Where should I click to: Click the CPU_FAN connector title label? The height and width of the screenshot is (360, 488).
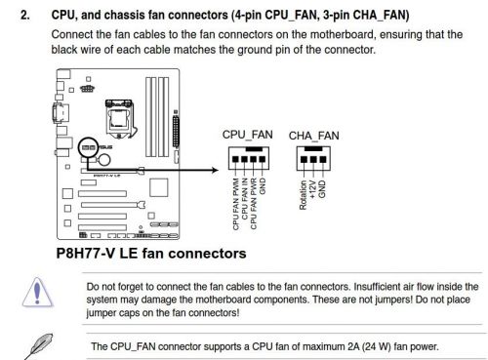coord(247,135)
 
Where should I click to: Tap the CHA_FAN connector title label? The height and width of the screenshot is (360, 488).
coord(313,136)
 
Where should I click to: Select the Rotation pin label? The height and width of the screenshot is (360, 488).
coord(303,195)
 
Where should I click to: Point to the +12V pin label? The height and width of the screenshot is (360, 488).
coord(312,189)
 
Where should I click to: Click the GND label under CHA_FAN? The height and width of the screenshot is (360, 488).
coord(322,189)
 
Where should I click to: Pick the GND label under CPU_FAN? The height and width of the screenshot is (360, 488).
coord(263,186)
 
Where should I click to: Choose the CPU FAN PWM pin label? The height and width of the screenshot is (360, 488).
coord(235,204)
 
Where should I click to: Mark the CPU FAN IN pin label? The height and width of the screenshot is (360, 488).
coord(245,199)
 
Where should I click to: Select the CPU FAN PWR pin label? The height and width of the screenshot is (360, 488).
coord(254,203)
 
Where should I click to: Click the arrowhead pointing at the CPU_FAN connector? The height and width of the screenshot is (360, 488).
coord(215,170)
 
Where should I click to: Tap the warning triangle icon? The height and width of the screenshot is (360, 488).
coord(37,293)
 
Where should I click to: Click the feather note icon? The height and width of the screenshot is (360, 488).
coord(38,345)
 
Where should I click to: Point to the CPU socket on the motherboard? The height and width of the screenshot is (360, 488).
coord(119,119)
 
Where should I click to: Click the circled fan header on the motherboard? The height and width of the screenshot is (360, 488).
coord(88,147)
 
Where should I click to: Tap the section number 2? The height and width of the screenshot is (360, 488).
coord(25,15)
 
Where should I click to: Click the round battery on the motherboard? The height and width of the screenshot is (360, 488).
coord(104,160)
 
